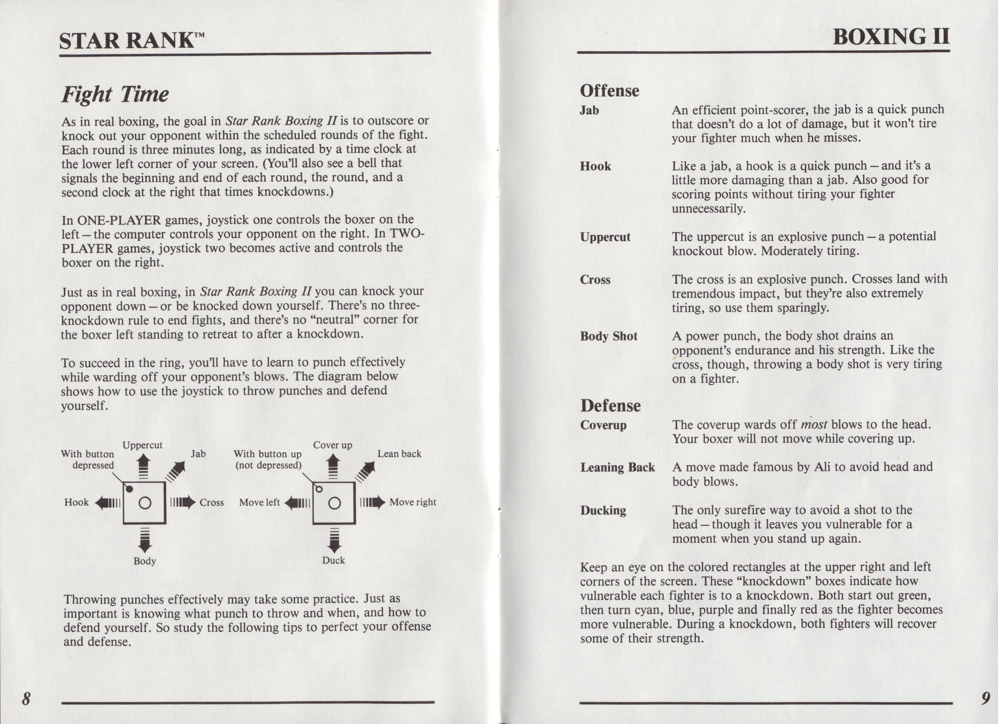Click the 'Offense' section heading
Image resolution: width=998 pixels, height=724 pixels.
tap(610, 91)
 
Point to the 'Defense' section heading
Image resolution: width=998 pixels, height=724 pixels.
tap(610, 405)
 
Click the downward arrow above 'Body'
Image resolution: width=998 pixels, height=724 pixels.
tap(145, 540)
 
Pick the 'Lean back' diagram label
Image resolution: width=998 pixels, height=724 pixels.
tap(399, 454)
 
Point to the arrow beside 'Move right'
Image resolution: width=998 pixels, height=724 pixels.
tap(373, 503)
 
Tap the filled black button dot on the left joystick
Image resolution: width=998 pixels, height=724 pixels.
tap(129, 489)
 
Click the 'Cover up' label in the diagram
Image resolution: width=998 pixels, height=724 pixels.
tap(332, 445)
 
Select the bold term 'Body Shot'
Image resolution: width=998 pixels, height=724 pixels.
tap(609, 336)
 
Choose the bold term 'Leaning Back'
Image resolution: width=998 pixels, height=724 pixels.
tap(617, 467)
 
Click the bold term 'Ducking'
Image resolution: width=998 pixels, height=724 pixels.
tap(603, 510)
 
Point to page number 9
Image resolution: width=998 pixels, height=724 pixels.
tap(985, 698)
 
